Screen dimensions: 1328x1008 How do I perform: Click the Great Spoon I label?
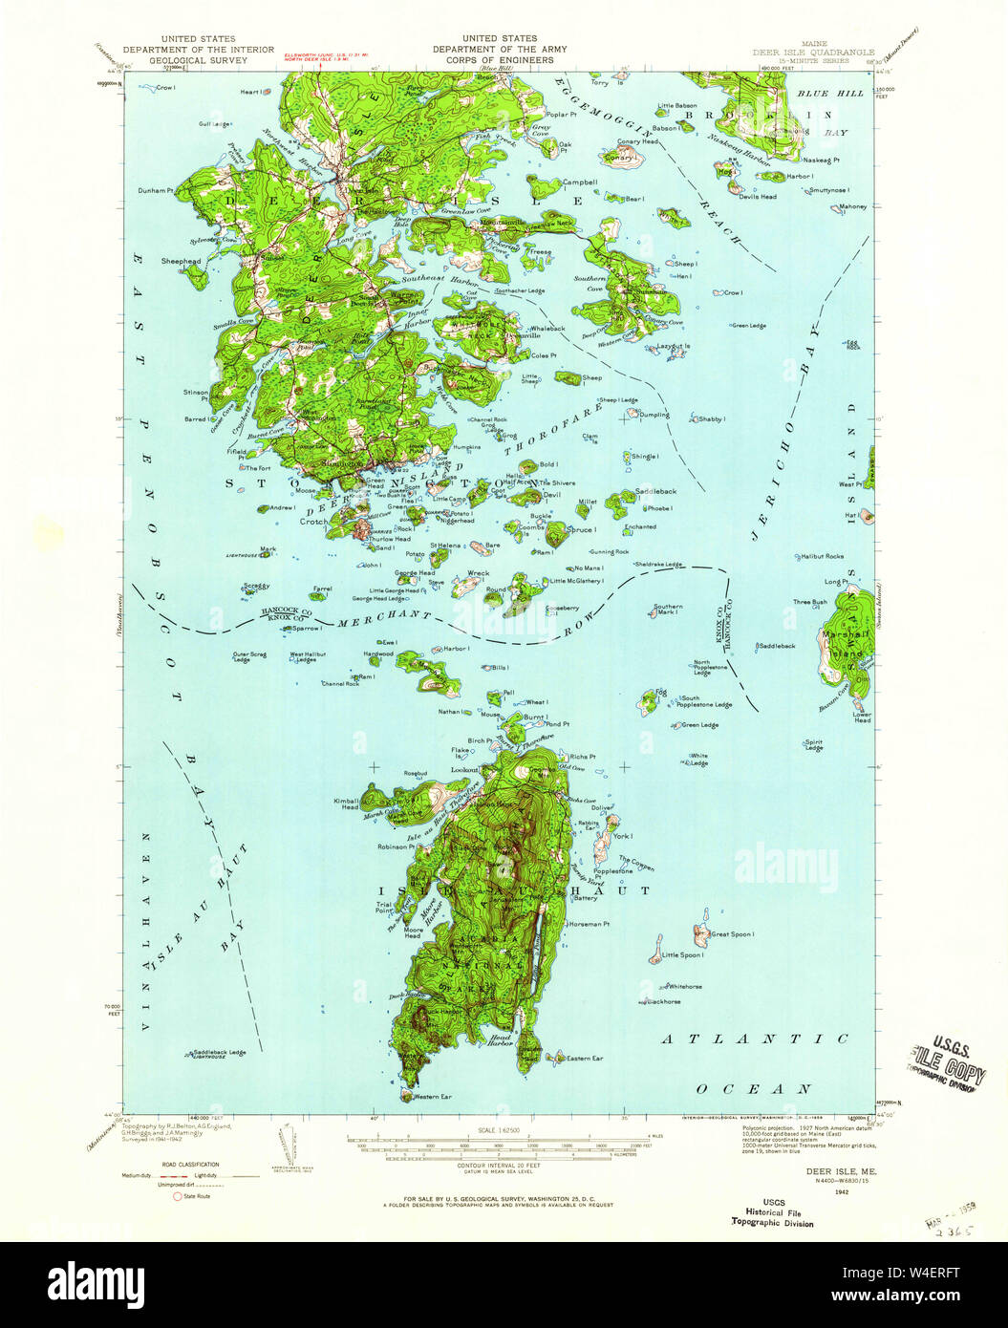(x=733, y=933)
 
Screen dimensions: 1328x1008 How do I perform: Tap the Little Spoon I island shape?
(x=656, y=950)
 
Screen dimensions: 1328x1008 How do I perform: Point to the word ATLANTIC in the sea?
(x=755, y=1039)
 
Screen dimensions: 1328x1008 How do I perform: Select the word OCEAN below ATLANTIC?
(x=755, y=1088)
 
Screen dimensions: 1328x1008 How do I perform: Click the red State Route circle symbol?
(x=177, y=1196)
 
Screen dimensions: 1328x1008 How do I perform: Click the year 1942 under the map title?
(x=842, y=1191)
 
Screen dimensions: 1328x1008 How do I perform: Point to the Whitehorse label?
(x=685, y=986)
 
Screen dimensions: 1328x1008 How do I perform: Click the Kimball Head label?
(x=346, y=803)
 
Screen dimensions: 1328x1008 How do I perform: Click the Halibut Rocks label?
(x=822, y=556)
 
